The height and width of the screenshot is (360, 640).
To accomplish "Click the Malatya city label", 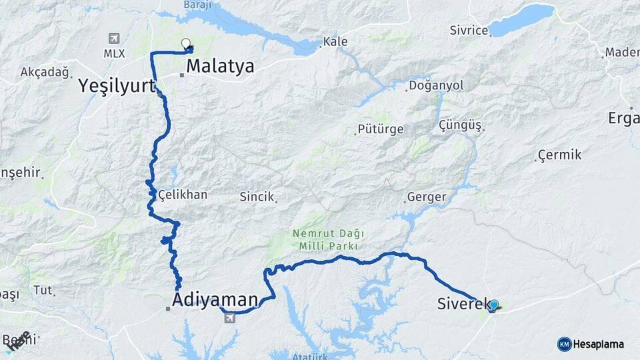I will click(x=220, y=66).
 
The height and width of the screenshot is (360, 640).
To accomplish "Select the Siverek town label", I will click(x=459, y=304).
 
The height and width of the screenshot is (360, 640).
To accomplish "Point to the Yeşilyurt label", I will click(x=117, y=85).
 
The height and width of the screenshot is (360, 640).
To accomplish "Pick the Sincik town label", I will click(x=257, y=197).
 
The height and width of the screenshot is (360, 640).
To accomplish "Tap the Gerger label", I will click(x=425, y=197).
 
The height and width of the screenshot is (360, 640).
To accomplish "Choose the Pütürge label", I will click(x=381, y=129).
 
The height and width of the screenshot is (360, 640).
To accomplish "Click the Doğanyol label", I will click(x=437, y=85).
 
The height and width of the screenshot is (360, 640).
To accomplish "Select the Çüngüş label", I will click(x=461, y=125).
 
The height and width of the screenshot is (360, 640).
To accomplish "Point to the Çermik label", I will click(x=560, y=155).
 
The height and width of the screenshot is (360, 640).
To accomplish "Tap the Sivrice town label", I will click(x=469, y=30).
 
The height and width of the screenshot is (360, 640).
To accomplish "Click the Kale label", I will click(x=335, y=42).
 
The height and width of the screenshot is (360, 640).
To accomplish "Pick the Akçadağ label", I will click(x=45, y=72).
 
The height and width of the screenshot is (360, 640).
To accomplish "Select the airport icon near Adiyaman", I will click(x=230, y=317).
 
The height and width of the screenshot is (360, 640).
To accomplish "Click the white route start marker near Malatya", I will click(x=186, y=43).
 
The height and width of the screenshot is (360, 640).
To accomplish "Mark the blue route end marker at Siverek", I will click(x=494, y=305).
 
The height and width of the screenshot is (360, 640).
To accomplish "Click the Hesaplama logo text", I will click(x=598, y=344).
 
